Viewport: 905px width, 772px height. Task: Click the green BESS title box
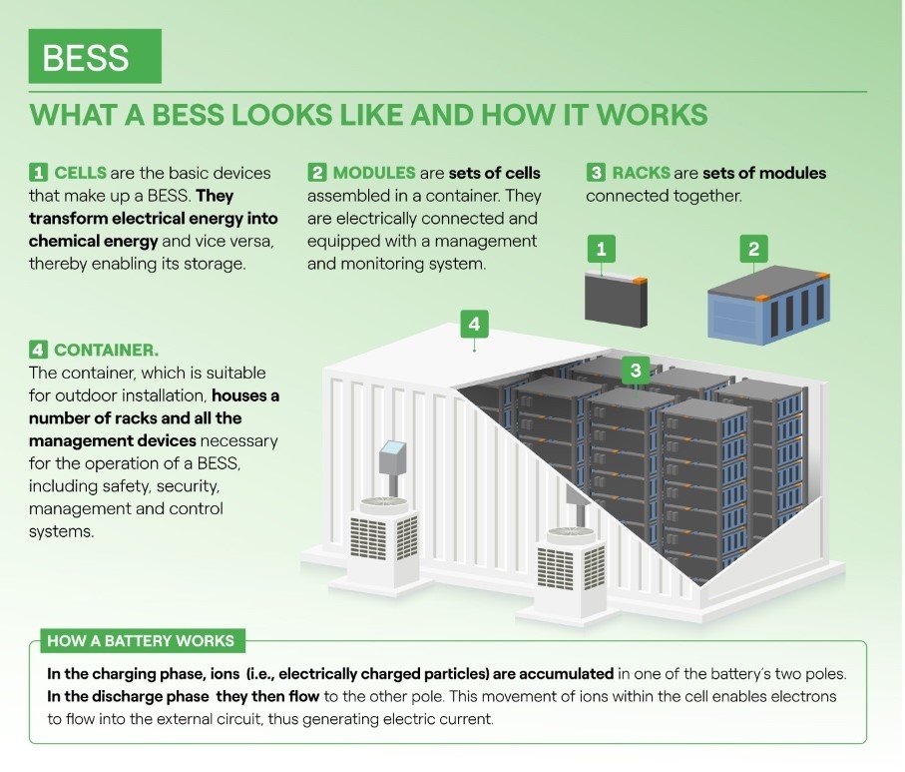point(95,56)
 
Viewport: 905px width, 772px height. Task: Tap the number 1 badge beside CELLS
point(37,173)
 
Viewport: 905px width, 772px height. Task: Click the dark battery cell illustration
point(616,299)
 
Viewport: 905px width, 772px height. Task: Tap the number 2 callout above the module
point(753,248)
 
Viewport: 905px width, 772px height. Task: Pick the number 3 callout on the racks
point(636,371)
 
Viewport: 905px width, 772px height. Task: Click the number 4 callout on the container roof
point(474,325)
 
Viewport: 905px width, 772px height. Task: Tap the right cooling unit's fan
point(571,534)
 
